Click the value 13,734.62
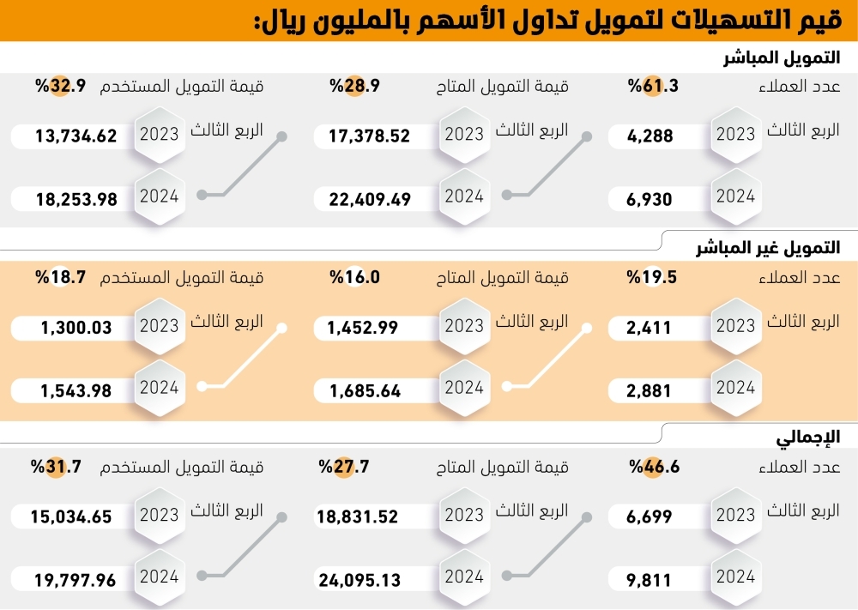point(76,135)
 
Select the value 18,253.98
point(76,199)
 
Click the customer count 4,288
point(650,135)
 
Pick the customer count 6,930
point(650,199)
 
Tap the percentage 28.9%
point(354,86)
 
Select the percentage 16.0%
point(354,277)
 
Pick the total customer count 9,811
point(650,581)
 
